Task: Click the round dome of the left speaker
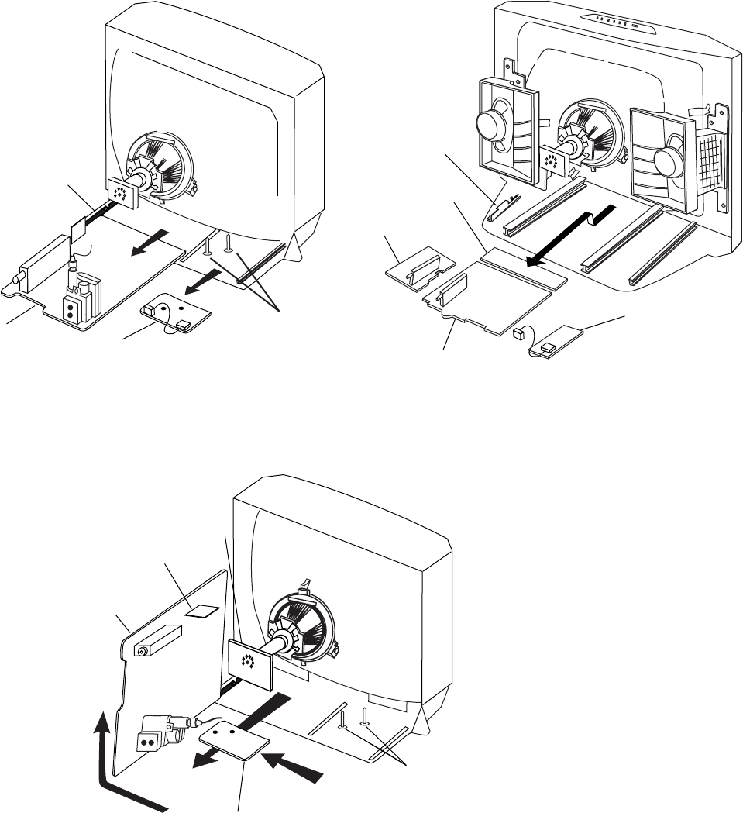(x=489, y=125)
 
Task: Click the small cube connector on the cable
(x=517, y=335)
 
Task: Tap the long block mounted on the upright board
(x=157, y=640)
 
